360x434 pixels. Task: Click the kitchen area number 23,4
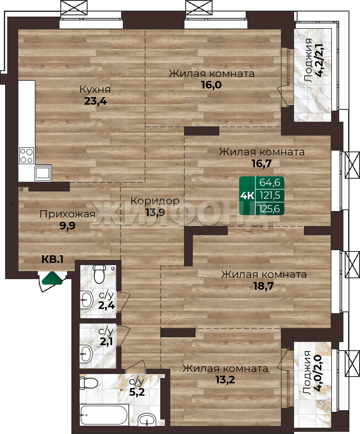tap(95, 101)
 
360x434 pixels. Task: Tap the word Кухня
tap(95, 90)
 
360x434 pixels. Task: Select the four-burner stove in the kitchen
tap(27, 156)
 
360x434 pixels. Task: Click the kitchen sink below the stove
tap(43, 173)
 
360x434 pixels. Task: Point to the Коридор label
tap(155, 201)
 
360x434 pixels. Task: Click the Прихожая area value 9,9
tap(68, 226)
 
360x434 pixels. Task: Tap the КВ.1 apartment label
tap(53, 260)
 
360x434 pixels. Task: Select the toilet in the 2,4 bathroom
tap(99, 274)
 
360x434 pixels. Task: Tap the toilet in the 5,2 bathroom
tap(88, 383)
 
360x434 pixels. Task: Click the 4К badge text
tap(247, 196)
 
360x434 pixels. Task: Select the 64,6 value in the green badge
tap(269, 183)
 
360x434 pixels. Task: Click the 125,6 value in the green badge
tap(269, 208)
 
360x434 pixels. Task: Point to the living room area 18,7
tap(264, 286)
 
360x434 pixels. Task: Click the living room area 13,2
tap(225, 380)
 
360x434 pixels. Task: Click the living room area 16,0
tap(211, 85)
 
